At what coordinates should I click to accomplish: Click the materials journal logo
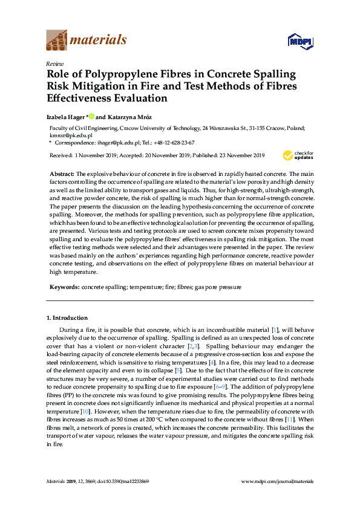(87, 40)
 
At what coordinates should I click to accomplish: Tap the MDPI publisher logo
(300, 41)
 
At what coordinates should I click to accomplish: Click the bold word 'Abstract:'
(61, 173)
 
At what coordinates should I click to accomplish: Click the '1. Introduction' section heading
(67, 317)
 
